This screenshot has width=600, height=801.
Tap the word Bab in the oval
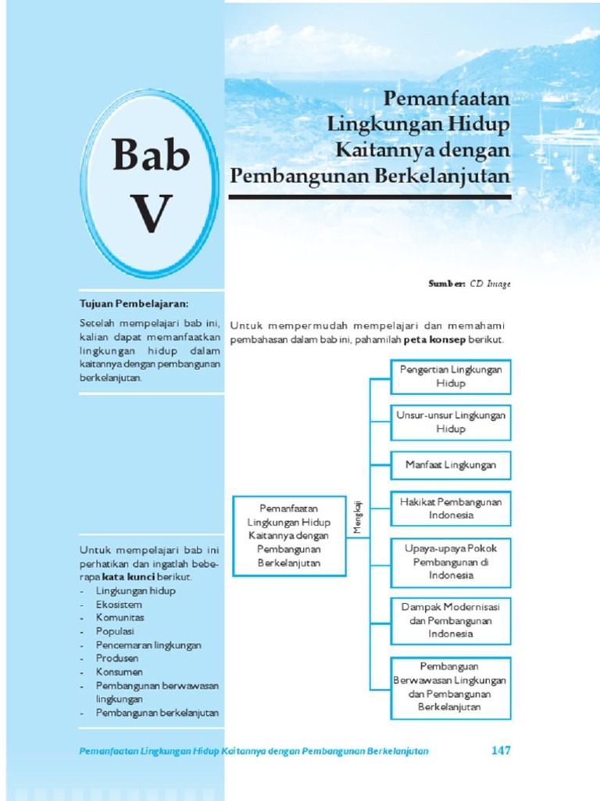click(x=151, y=154)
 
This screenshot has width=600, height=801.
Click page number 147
click(x=500, y=750)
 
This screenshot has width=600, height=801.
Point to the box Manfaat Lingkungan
click(x=451, y=465)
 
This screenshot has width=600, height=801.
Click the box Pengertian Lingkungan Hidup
click(x=451, y=376)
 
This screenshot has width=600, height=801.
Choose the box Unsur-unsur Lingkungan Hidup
click(x=451, y=422)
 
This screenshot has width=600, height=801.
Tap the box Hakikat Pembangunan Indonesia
click(x=451, y=508)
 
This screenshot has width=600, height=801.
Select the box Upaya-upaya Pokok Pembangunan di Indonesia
click(x=451, y=562)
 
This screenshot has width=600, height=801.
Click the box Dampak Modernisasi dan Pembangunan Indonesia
click(x=451, y=620)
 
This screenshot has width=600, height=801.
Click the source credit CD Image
click(x=490, y=284)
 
